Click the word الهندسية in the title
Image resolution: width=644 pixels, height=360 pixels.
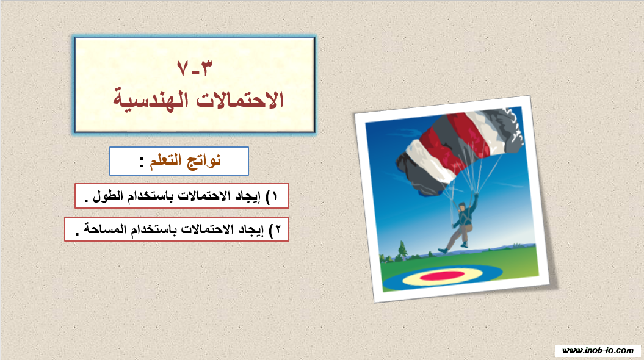click(151, 99)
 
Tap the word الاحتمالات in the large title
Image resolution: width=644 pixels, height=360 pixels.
click(240, 99)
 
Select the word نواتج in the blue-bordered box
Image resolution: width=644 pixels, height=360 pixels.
click(204, 160)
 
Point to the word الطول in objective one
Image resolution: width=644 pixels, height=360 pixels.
click(108, 196)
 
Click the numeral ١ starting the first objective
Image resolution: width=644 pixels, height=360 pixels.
click(274, 196)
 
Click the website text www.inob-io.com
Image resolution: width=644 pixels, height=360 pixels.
click(598, 351)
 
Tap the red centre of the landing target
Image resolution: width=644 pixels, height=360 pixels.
click(443, 276)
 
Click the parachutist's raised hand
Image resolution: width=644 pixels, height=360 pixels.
click(476, 196)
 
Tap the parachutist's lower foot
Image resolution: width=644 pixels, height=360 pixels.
click(443, 250)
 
